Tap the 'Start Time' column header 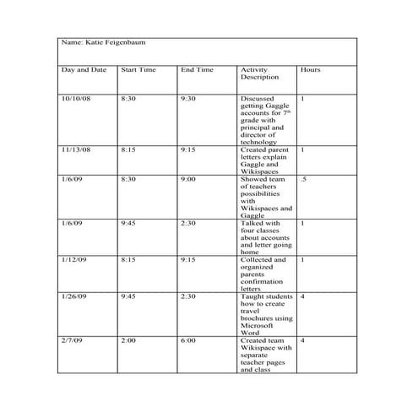pos(138,69)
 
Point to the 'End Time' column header pos(197,69)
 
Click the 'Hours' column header pos(310,69)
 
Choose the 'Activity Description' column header pos(259,73)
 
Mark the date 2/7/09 pos(73,340)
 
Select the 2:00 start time pos(129,340)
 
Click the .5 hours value pos(303,179)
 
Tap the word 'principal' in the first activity pos(257,128)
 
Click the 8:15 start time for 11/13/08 pos(129,149)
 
